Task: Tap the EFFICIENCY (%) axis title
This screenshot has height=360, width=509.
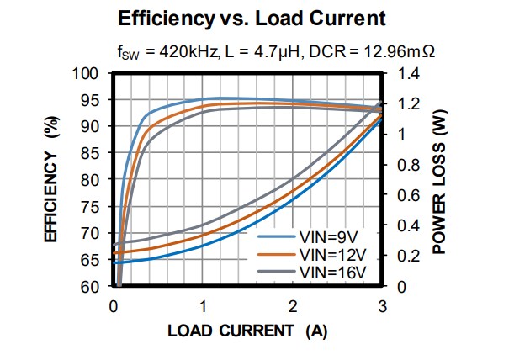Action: (x=50, y=180)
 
